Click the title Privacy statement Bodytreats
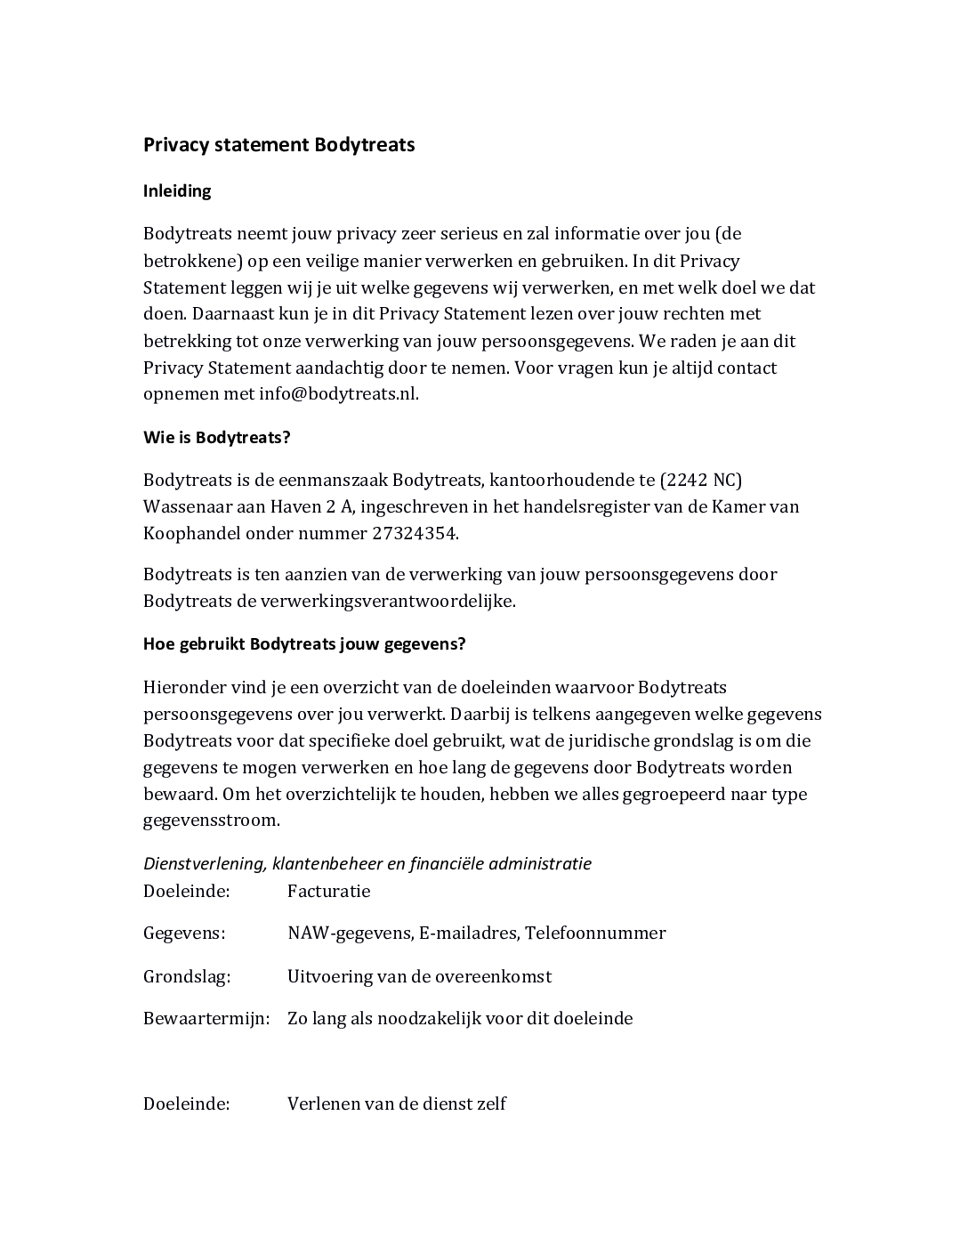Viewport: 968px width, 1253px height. pos(278,145)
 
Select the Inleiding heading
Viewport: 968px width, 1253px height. pos(177,191)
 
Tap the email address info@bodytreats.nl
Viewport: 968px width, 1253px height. pos(338,394)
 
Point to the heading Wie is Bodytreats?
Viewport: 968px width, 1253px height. pos(217,438)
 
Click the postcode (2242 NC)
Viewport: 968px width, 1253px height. pos(701,481)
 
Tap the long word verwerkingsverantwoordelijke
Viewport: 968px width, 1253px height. pos(388,601)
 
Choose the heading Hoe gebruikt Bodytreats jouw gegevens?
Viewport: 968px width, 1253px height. pos(304,644)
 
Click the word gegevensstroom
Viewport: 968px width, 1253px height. pos(212,821)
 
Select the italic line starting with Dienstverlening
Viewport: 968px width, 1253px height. pos(367,863)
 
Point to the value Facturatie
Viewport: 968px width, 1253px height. pos(328,891)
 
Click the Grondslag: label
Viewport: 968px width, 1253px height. pos(187,976)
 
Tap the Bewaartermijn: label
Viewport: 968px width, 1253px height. pos(206,1018)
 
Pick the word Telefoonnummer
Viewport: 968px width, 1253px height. pos(595,933)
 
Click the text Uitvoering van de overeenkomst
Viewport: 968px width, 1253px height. pos(419,976)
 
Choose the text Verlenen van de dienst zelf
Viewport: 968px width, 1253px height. pos(397,1104)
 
